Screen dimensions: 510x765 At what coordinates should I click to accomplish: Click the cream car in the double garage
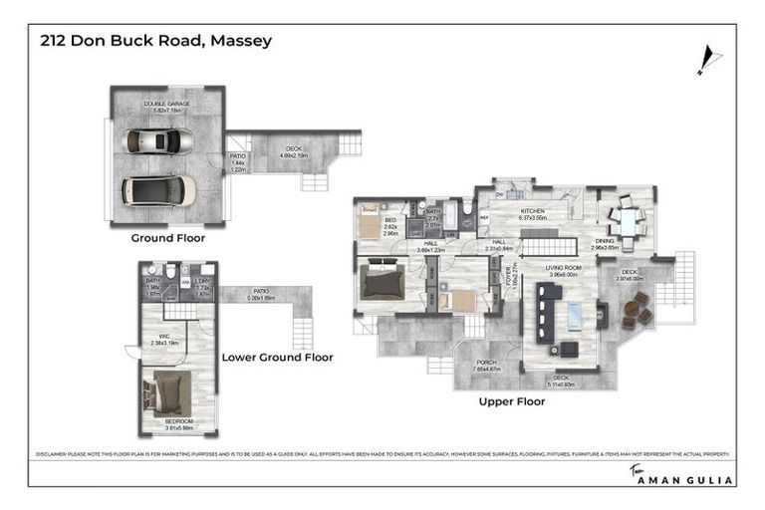(158, 187)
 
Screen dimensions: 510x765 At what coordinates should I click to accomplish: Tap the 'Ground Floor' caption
(167, 238)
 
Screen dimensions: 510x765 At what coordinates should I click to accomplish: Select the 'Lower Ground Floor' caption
(277, 356)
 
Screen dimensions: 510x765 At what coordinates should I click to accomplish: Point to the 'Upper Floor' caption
(510, 402)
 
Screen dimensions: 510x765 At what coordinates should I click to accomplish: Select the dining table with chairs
(627, 220)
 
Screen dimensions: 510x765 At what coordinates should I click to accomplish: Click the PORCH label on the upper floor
(485, 363)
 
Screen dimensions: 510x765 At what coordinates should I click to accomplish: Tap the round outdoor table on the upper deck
(631, 313)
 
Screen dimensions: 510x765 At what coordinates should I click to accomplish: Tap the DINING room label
(605, 240)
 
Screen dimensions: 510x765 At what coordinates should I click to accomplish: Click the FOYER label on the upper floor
(507, 276)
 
